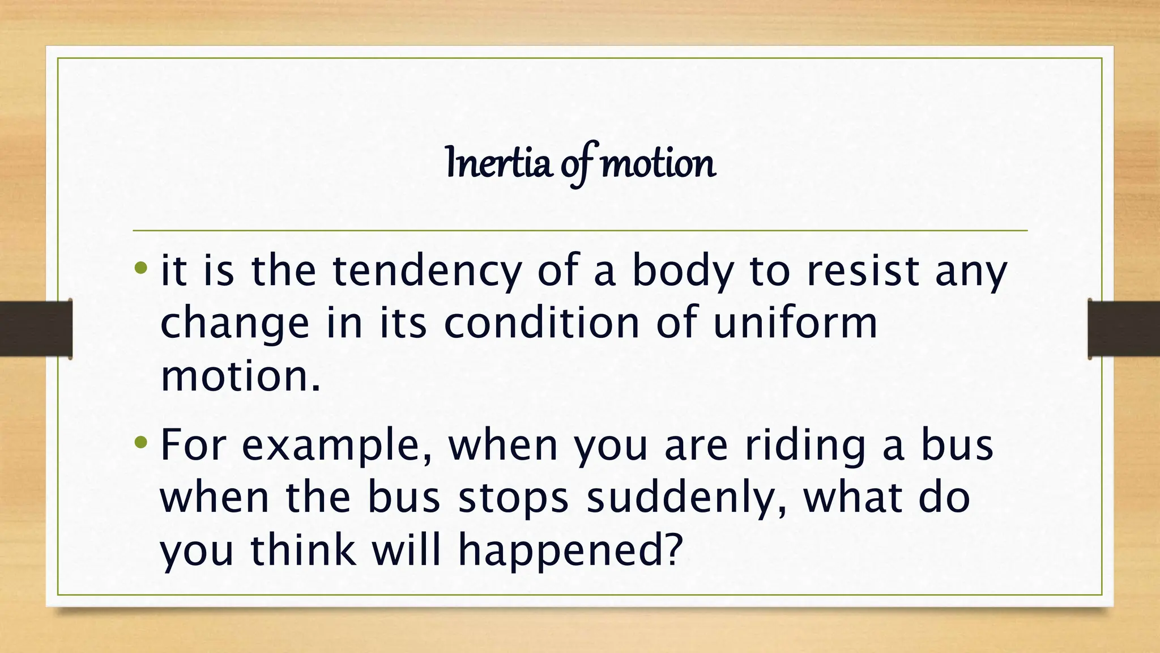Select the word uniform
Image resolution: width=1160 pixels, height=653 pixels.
[795, 323]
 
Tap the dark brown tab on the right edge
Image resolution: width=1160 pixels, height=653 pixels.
[1124, 329]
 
